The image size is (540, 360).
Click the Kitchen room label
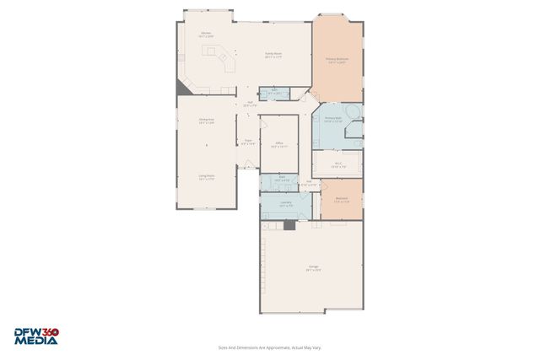coord(206,35)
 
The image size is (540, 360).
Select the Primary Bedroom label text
coord(337,61)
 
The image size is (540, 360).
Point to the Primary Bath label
coord(332,119)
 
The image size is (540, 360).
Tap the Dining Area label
coord(206,121)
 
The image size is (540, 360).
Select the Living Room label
coord(206,178)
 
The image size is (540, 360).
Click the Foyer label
coord(247,142)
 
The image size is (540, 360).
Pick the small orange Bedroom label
coord(341,201)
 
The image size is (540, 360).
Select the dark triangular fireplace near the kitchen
coord(183,88)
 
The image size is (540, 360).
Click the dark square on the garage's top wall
coord(289,225)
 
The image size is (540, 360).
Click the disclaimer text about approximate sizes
coord(269,347)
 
